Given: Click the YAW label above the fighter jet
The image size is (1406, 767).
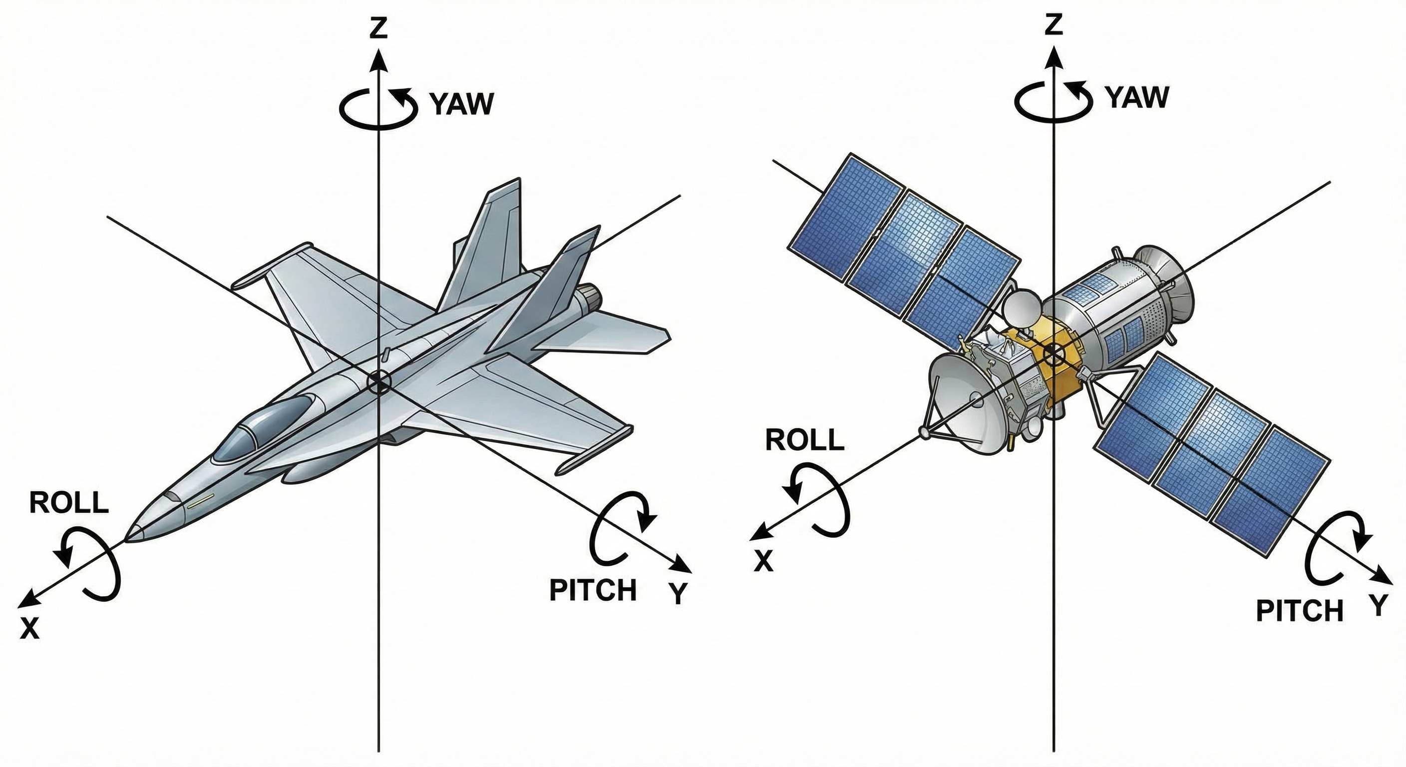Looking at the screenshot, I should (462, 104).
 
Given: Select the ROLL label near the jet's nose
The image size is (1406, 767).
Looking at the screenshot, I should (69, 503).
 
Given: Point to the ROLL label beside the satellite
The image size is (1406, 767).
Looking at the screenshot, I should (804, 440).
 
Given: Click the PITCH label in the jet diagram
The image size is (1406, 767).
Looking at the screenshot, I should (593, 590).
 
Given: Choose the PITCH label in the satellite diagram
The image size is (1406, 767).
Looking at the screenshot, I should (1299, 611).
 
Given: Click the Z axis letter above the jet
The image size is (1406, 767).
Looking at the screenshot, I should (377, 28).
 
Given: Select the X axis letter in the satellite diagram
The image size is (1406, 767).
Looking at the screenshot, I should (763, 561).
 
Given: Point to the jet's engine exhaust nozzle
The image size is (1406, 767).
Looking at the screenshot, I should (591, 297).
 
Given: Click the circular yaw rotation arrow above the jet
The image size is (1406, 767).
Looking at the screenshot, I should (377, 107).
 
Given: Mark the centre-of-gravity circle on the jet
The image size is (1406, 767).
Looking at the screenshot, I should (377, 382).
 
